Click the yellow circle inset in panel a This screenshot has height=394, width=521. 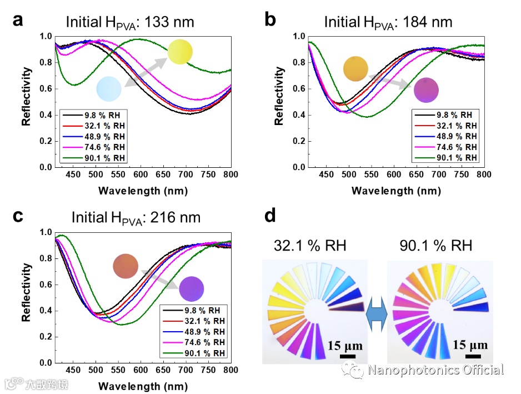[180, 52]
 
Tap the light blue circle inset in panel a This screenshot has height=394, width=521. [109, 88]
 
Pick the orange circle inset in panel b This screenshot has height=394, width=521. [356, 68]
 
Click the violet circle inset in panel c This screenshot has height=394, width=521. [192, 288]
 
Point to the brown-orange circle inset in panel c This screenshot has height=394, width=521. [125, 266]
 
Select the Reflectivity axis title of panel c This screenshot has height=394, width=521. [26, 297]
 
